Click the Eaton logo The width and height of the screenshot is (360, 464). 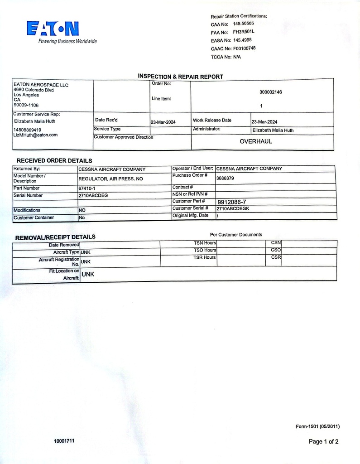[53, 29]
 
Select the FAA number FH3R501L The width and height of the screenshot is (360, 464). [244, 32]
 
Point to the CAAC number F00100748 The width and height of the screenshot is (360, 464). [245, 48]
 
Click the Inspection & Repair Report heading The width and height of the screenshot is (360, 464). [180, 77]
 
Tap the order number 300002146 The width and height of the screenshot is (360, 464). [271, 92]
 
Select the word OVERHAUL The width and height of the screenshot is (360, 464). [256, 141]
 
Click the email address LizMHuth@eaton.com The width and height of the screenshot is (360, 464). [36, 135]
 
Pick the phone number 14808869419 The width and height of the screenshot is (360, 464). [28, 130]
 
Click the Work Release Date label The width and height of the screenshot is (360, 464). [212, 121]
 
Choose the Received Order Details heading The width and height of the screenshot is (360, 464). [54, 160]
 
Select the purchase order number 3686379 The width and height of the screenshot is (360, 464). [225, 179]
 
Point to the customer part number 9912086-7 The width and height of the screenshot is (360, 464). [232, 202]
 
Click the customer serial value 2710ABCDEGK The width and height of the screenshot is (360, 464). [233, 209]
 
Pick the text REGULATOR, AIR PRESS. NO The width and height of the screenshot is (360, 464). [110, 179]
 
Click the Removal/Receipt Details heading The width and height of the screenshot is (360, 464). [55, 237]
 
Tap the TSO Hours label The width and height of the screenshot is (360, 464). [205, 250]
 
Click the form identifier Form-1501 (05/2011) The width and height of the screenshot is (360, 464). [317, 426]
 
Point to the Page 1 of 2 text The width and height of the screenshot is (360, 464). [323, 441]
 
